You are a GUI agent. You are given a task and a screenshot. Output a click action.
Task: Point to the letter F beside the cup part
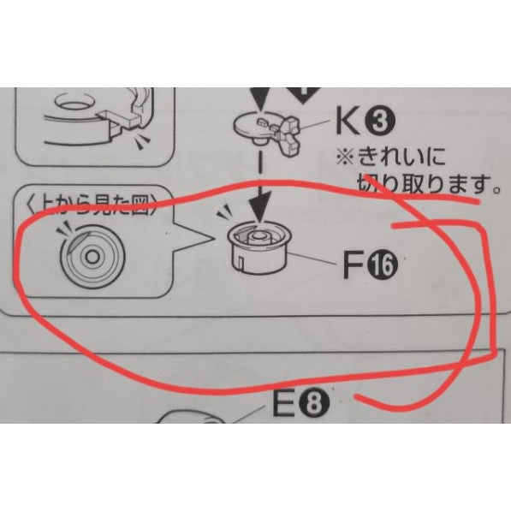[351, 268]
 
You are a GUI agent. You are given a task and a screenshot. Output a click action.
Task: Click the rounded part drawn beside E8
[193, 423]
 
